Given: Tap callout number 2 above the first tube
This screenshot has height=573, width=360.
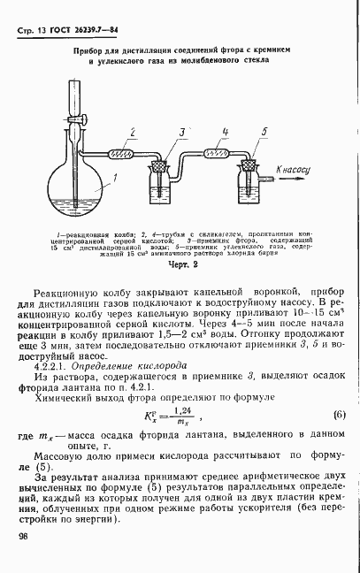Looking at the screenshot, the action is (133, 132).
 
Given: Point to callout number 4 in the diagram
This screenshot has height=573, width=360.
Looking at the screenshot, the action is (226, 132).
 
